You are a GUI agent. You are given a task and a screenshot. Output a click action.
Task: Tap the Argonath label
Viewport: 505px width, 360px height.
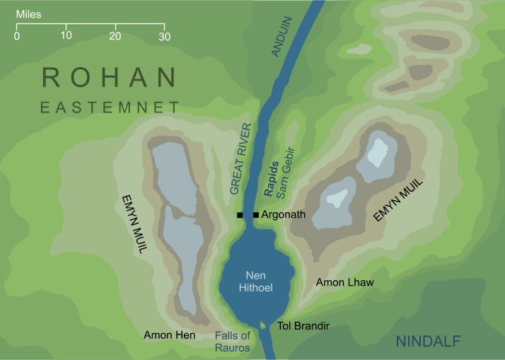[x=284, y=214]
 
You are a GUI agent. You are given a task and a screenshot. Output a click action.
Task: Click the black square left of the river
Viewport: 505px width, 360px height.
[x=240, y=215]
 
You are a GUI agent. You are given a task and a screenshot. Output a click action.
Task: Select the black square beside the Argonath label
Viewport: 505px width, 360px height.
[x=255, y=215]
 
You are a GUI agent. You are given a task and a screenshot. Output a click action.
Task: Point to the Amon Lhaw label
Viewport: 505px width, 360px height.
[x=344, y=282]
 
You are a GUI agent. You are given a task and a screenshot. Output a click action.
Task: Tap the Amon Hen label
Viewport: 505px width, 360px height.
[x=169, y=335]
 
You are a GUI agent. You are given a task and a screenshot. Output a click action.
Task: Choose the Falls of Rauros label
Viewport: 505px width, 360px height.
[x=233, y=342]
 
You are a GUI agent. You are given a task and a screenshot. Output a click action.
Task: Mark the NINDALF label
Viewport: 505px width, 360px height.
[x=428, y=342]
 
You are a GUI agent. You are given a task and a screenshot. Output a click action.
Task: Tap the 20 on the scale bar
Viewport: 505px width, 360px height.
[x=115, y=36]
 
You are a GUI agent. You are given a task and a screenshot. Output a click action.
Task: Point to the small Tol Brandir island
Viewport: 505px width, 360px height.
[x=264, y=325]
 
